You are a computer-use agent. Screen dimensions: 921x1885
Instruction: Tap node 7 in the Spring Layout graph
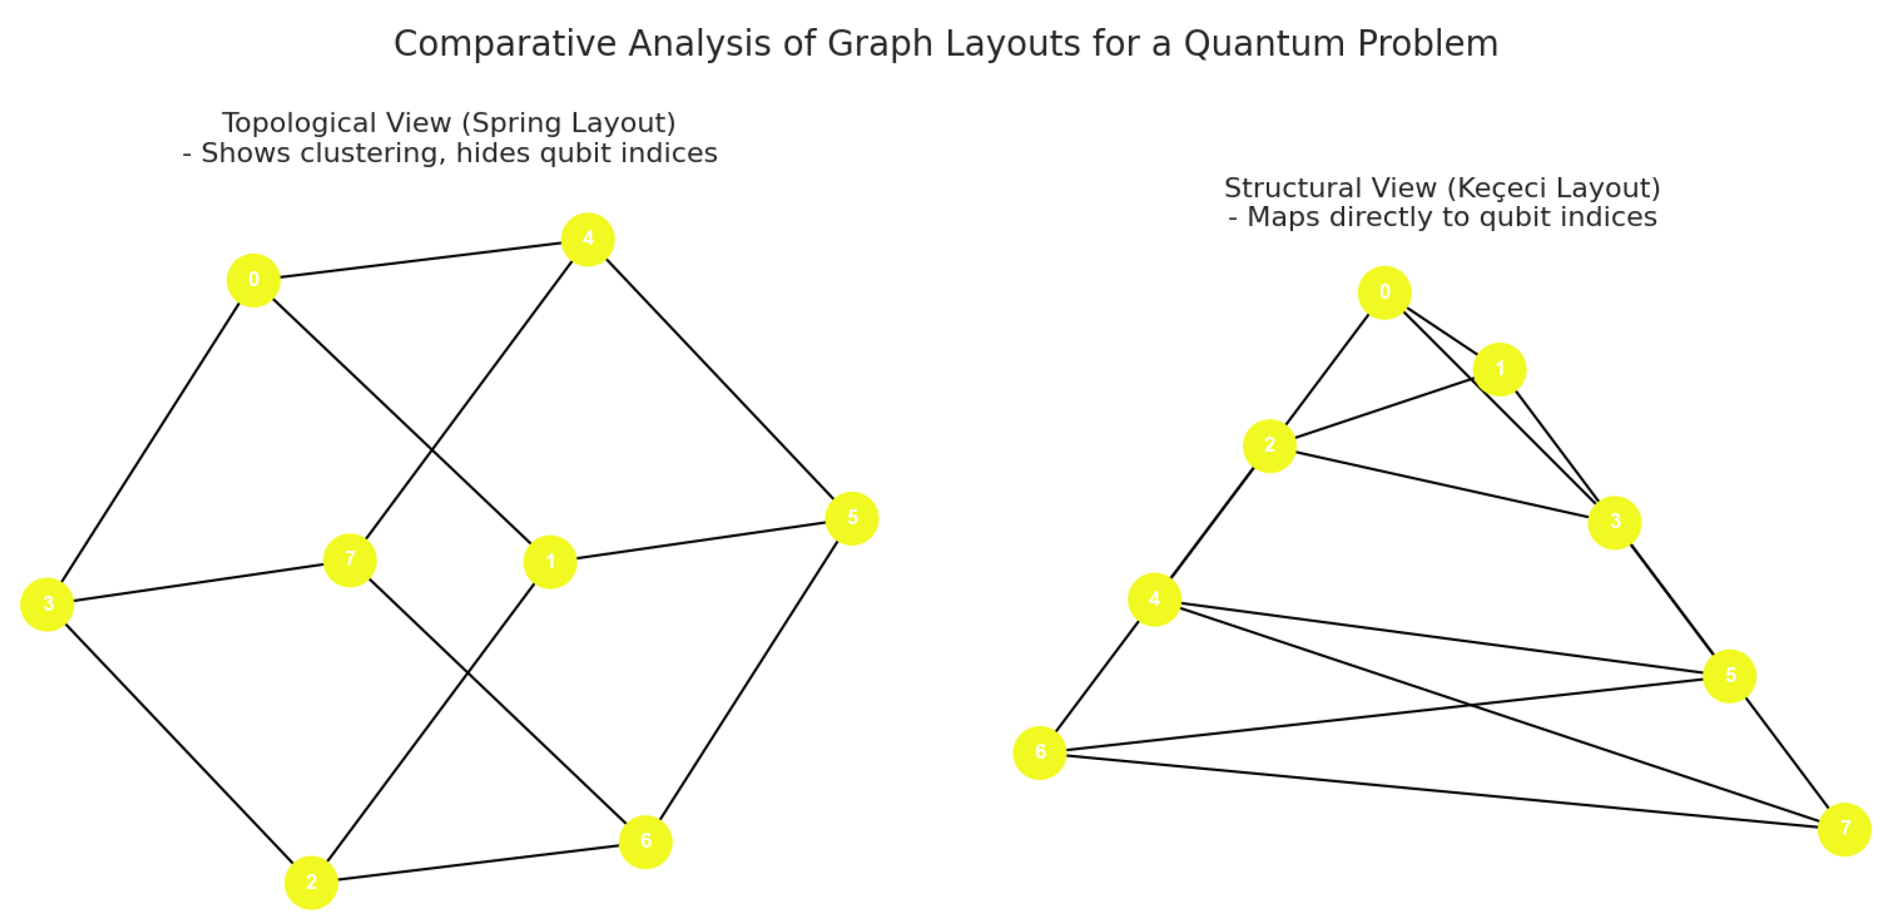350,560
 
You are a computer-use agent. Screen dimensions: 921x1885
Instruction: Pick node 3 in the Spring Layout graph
48,604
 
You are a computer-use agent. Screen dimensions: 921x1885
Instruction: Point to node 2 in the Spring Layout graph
311,882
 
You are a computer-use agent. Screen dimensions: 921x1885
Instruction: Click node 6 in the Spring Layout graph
645,842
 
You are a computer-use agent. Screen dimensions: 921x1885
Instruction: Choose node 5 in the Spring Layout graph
852,519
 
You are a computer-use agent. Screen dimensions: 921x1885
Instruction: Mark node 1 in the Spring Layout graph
550,562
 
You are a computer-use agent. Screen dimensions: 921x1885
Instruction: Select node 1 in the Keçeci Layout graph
1500,369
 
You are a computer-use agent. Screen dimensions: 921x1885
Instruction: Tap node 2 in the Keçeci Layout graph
1270,446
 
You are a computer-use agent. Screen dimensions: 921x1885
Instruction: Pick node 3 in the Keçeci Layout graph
1614,523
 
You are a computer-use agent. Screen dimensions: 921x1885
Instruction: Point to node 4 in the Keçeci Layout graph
1155,599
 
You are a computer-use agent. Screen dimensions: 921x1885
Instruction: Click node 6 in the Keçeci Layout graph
1040,753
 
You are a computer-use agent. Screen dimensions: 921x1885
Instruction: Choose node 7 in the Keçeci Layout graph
1844,829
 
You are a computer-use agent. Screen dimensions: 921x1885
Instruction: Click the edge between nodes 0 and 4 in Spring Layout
421,260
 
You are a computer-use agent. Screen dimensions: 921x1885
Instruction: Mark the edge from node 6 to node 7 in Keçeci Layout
1442,791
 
